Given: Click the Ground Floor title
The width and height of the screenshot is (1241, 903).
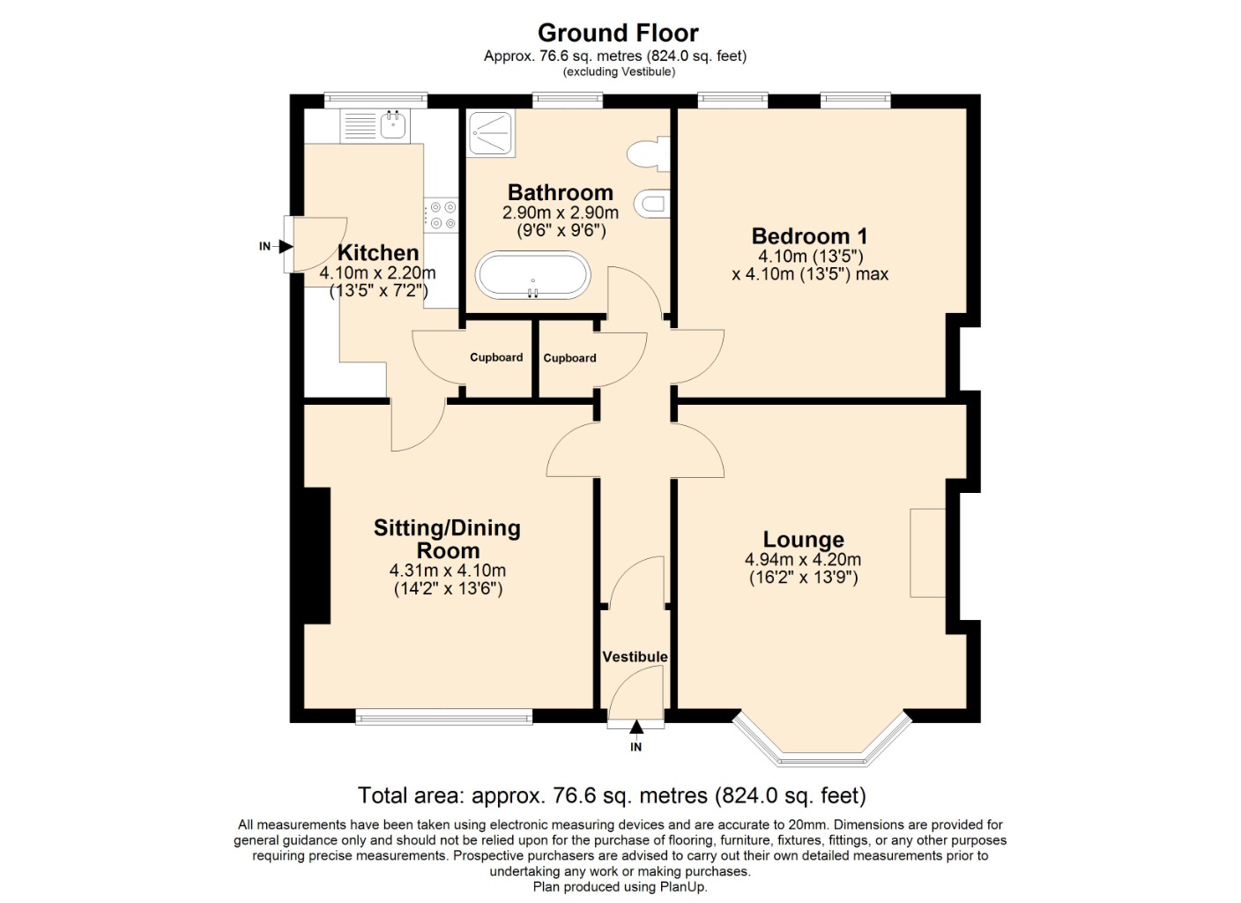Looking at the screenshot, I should [x=618, y=34].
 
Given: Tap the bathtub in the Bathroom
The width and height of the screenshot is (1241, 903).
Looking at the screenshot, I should [x=532, y=276].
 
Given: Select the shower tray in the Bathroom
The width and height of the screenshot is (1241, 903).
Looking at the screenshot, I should [x=491, y=133].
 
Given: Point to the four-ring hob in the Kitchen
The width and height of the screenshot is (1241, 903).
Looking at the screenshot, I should [x=441, y=215].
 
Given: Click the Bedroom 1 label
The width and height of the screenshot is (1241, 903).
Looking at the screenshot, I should [x=809, y=236].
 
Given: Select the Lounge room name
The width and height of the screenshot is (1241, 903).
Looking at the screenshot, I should [x=803, y=539].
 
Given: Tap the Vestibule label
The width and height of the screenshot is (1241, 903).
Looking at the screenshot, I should [x=635, y=657].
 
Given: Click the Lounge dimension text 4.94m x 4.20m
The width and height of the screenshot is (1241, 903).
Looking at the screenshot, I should [x=803, y=560].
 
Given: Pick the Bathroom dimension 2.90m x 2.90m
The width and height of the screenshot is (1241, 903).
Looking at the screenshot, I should [x=561, y=213].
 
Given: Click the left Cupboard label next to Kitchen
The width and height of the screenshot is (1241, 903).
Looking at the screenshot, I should [x=496, y=357].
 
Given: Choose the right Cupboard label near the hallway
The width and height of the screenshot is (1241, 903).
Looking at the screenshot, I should [x=569, y=358].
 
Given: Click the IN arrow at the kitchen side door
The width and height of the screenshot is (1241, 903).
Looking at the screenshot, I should [x=285, y=246].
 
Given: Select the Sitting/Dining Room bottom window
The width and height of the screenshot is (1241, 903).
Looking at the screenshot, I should [x=444, y=717].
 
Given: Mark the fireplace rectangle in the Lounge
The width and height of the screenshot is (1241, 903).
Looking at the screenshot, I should [x=927, y=553].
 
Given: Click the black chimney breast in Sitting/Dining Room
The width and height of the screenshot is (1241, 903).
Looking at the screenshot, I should [x=316, y=556].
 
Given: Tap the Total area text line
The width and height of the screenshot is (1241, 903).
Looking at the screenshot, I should [x=612, y=795].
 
